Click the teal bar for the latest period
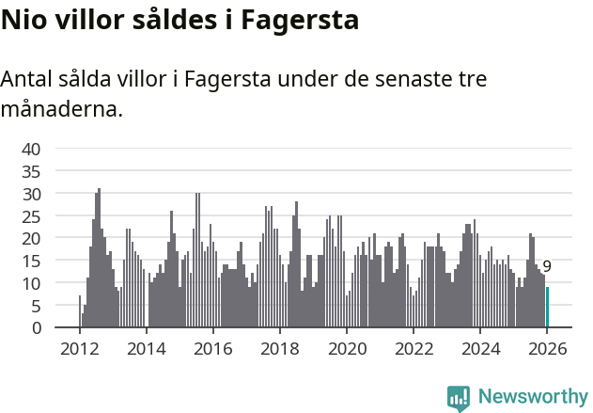pyautogui.click(x=547, y=308)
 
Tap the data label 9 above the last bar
pyautogui.click(x=547, y=267)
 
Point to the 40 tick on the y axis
pyautogui.click(x=31, y=149)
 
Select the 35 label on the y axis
pyautogui.click(x=31, y=171)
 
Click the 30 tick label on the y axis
pyautogui.click(x=31, y=194)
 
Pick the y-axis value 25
pyautogui.click(x=31, y=216)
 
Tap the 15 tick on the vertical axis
pyautogui.click(x=31, y=261)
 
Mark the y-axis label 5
pyautogui.click(x=36, y=306)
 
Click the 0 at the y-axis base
pyautogui.click(x=36, y=328)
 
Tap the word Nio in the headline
pyautogui.click(x=23, y=19)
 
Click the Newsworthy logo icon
pyautogui.click(x=459, y=397)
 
